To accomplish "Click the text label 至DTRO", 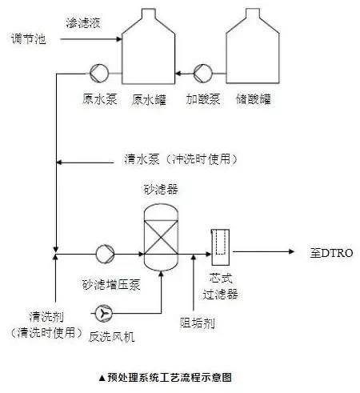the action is coord(331,253).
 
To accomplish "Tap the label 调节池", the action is coord(29,39).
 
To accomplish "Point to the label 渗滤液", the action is coord(83,22).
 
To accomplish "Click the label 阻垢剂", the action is coord(198,323).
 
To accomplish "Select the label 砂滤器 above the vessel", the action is coord(161,190).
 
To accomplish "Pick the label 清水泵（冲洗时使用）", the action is coord(181,159).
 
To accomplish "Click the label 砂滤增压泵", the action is coord(111,285).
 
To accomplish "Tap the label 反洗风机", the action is coord(111,337).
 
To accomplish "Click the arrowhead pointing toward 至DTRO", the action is coord(291,251).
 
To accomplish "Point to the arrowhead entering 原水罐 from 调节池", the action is coord(119,39).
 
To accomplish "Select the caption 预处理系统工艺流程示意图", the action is coord(170,377).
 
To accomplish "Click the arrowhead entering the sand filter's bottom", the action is coord(161,274).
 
